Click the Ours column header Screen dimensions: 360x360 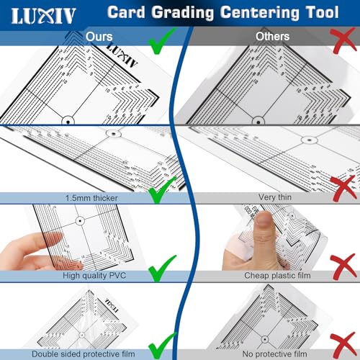point(99,36)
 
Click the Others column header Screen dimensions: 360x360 point(272,36)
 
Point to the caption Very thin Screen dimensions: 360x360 point(275,197)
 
